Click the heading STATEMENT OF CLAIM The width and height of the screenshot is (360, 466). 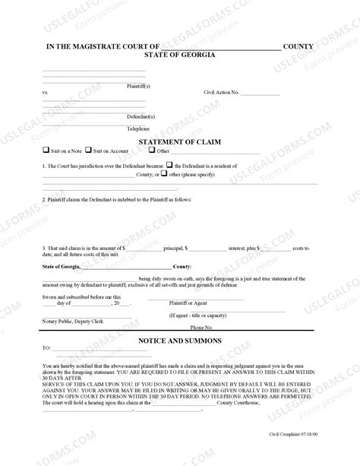(x=179, y=141)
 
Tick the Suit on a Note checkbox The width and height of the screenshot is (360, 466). (x=46, y=150)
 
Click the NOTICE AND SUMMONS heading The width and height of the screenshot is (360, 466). (x=179, y=341)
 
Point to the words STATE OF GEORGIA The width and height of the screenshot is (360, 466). (x=179, y=55)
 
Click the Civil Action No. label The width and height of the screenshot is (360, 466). (x=221, y=92)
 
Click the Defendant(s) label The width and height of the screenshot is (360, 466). (x=141, y=117)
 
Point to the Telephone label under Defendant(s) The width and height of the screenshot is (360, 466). (x=138, y=129)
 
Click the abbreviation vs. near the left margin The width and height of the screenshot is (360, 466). (x=45, y=92)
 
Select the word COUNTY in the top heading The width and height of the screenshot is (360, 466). (x=300, y=46)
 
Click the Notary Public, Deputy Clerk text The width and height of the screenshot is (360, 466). (x=74, y=321)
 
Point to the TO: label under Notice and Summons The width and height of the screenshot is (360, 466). (x=46, y=348)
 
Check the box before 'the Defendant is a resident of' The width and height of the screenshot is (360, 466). (x=168, y=165)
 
